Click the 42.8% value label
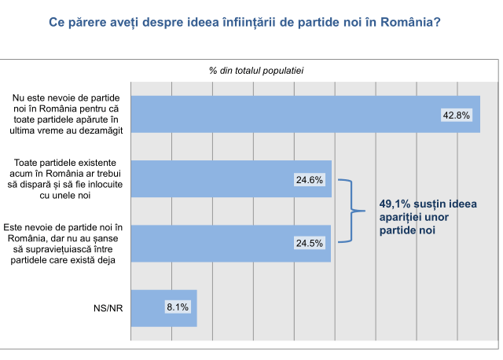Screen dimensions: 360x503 457,115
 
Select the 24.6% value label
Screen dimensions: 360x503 310,180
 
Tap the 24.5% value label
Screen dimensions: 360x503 310,243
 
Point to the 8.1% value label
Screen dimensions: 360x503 177,307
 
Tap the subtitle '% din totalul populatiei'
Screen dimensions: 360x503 256,70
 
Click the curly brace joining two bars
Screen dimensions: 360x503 351,211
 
